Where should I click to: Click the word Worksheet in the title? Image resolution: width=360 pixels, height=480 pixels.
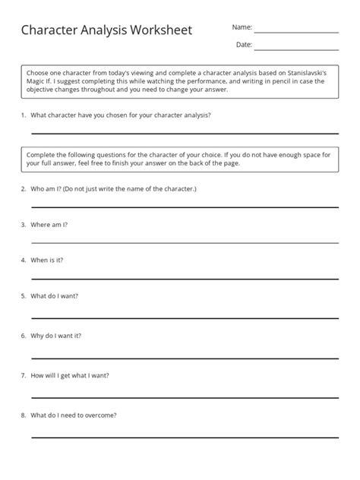(156, 30)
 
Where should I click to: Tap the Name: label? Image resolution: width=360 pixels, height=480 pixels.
(242, 27)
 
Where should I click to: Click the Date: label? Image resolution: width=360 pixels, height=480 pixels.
(244, 45)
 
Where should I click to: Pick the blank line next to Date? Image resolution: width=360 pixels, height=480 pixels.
(296, 50)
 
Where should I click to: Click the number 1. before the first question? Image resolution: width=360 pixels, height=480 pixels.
(24, 115)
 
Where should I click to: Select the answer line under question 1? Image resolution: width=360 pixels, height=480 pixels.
(185, 133)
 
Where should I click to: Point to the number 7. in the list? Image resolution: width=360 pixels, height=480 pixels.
(24, 375)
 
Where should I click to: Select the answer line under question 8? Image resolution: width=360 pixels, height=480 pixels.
(185, 437)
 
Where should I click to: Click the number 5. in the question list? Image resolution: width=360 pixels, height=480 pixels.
(24, 295)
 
